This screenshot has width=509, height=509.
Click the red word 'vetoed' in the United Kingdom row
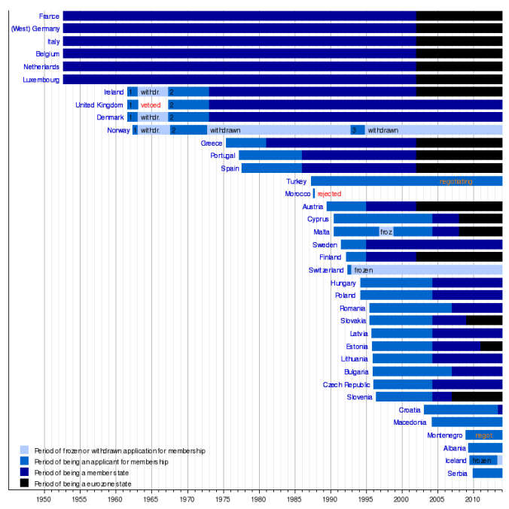pyautogui.click(x=151, y=105)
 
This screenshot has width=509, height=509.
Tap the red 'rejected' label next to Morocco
pyautogui.click(x=329, y=194)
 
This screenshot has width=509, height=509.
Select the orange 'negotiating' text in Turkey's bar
pyautogui.click(x=456, y=181)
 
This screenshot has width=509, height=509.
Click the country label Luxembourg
pyautogui.click(x=41, y=79)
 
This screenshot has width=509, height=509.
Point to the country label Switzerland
pyautogui.click(x=326, y=270)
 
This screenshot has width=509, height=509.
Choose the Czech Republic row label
pyautogui.click(x=347, y=384)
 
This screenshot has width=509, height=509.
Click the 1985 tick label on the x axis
pyautogui.click(x=294, y=498)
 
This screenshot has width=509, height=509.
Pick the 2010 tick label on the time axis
pyautogui.click(x=473, y=498)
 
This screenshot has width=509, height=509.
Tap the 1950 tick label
pyautogui.click(x=44, y=498)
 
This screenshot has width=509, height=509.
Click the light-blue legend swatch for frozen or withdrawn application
pyautogui.click(x=25, y=450)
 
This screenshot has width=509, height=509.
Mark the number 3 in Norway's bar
pyautogui.click(x=354, y=130)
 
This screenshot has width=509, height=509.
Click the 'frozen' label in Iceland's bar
pyautogui.click(x=482, y=460)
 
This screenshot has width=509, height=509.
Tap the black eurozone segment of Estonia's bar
pyautogui.click(x=491, y=346)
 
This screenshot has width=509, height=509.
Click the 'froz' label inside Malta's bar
pyautogui.click(x=386, y=232)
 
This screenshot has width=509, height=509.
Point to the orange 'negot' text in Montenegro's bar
pyautogui.click(x=483, y=435)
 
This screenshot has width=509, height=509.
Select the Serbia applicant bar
pyautogui.click(x=487, y=473)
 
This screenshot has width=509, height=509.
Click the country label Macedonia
pyautogui.click(x=410, y=423)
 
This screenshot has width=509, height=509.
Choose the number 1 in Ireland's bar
pyautogui.click(x=130, y=92)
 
